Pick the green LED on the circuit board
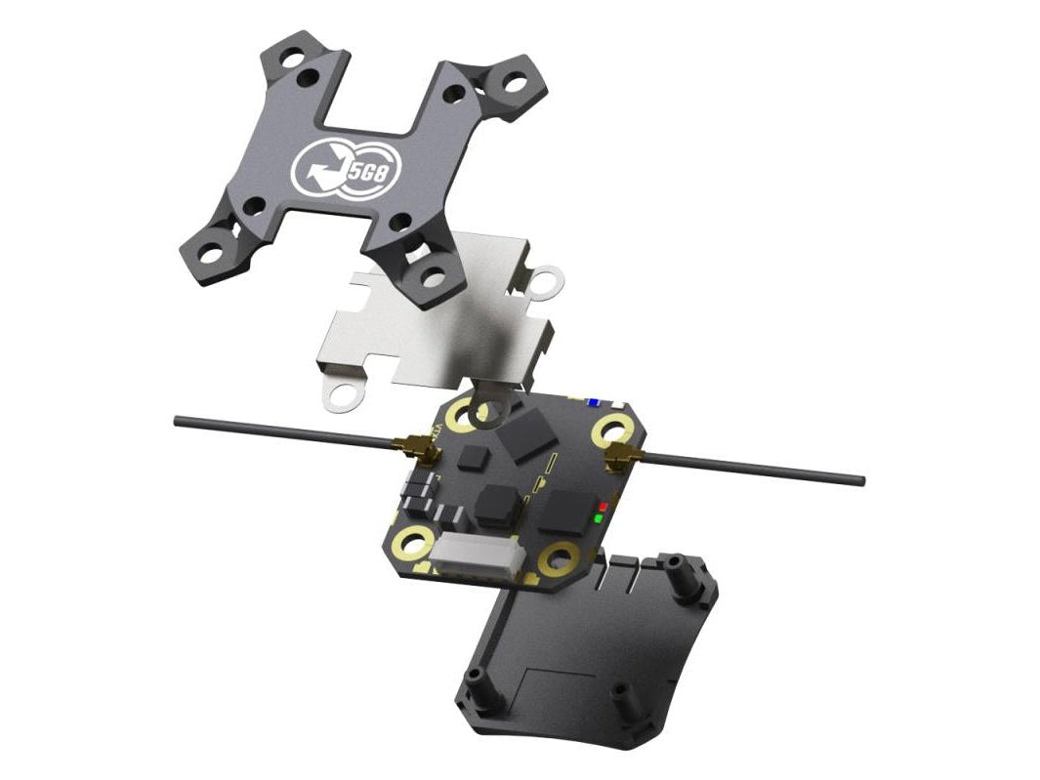tap(598, 517)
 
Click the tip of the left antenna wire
tap(177, 421)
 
